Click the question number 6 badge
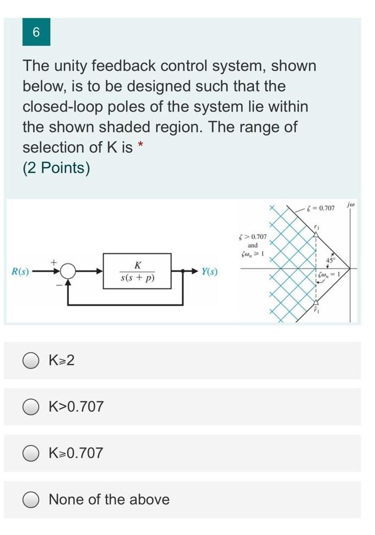(x=36, y=32)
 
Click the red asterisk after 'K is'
(x=141, y=145)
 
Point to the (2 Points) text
(x=56, y=168)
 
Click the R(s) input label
(x=20, y=272)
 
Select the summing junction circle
(x=68, y=272)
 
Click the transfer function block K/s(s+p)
(x=138, y=271)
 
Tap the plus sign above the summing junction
(x=53, y=262)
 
